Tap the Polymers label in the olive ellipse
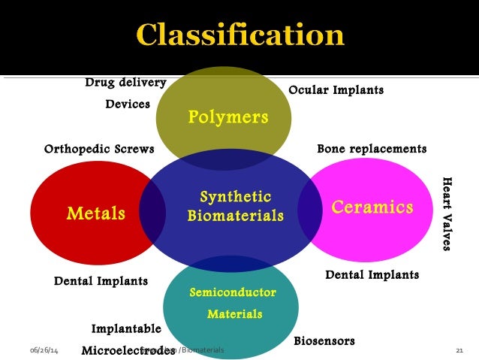coord(227,116)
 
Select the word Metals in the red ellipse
coord(95,213)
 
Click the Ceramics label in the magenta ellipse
coord(372,207)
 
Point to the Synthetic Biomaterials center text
coord(235,207)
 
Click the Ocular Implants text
coord(336,90)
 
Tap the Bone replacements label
coord(372,149)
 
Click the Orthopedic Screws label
coord(99,149)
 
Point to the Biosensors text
coord(324,341)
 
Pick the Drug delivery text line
coord(125,82)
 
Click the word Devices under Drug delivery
coord(128,104)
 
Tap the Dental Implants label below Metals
coord(101,281)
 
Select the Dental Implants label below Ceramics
coord(372,275)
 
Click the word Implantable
coord(126,328)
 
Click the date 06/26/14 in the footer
coord(44,351)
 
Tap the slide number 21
coord(460,351)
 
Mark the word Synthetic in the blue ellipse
coord(235,197)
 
